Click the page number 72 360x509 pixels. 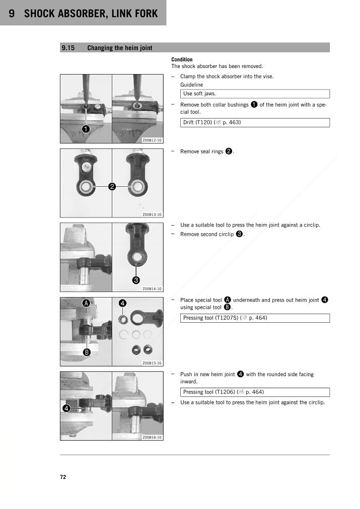(63, 477)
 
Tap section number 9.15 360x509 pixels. (68, 48)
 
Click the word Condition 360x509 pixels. (182, 59)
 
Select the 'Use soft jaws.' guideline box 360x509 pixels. (255, 94)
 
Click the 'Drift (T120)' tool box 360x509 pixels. (255, 122)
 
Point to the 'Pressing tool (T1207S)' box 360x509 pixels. (255, 318)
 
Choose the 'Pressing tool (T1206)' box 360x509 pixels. (255, 392)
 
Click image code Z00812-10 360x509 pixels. (152, 140)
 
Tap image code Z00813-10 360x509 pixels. (152, 214)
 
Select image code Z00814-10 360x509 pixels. (152, 289)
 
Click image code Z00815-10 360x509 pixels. (152, 363)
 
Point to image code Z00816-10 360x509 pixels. (152, 438)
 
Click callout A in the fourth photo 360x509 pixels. (87, 303)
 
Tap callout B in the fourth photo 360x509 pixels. (87, 352)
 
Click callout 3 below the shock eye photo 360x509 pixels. (136, 280)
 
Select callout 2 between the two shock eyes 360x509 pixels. (112, 187)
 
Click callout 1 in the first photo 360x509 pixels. (86, 129)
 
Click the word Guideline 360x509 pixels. (192, 85)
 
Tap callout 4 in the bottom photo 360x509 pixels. (66, 408)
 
